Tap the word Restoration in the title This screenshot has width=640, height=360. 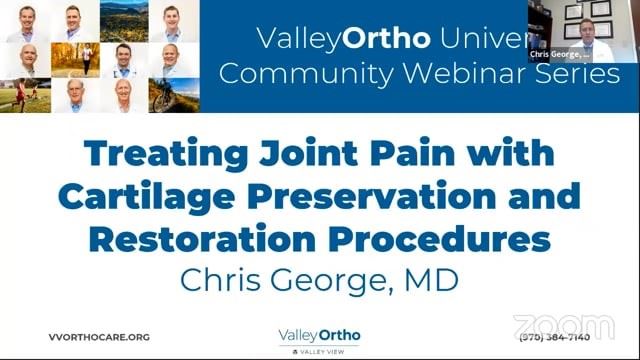(190, 239)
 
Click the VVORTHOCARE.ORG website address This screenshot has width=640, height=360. (98, 337)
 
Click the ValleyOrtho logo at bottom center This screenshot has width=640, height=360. (319, 338)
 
